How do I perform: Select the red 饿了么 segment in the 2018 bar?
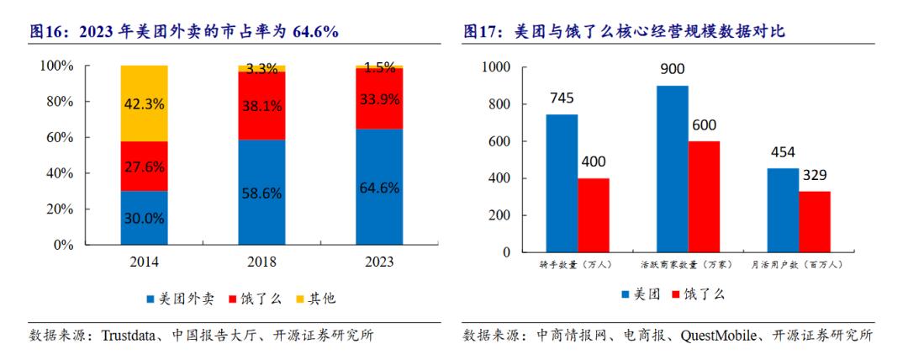click(x=261, y=105)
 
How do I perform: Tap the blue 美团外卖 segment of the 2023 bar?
click(x=378, y=187)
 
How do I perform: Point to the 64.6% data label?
click(x=378, y=188)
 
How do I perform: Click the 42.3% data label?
click(x=144, y=104)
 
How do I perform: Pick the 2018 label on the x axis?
click(x=261, y=262)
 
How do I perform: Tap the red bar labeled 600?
click(x=705, y=196)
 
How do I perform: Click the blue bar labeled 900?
click(x=673, y=168)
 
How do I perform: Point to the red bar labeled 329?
click(x=815, y=221)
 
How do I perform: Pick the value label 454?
click(x=783, y=153)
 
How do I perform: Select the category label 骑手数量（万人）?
click(x=578, y=265)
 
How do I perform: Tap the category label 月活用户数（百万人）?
click(x=799, y=265)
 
